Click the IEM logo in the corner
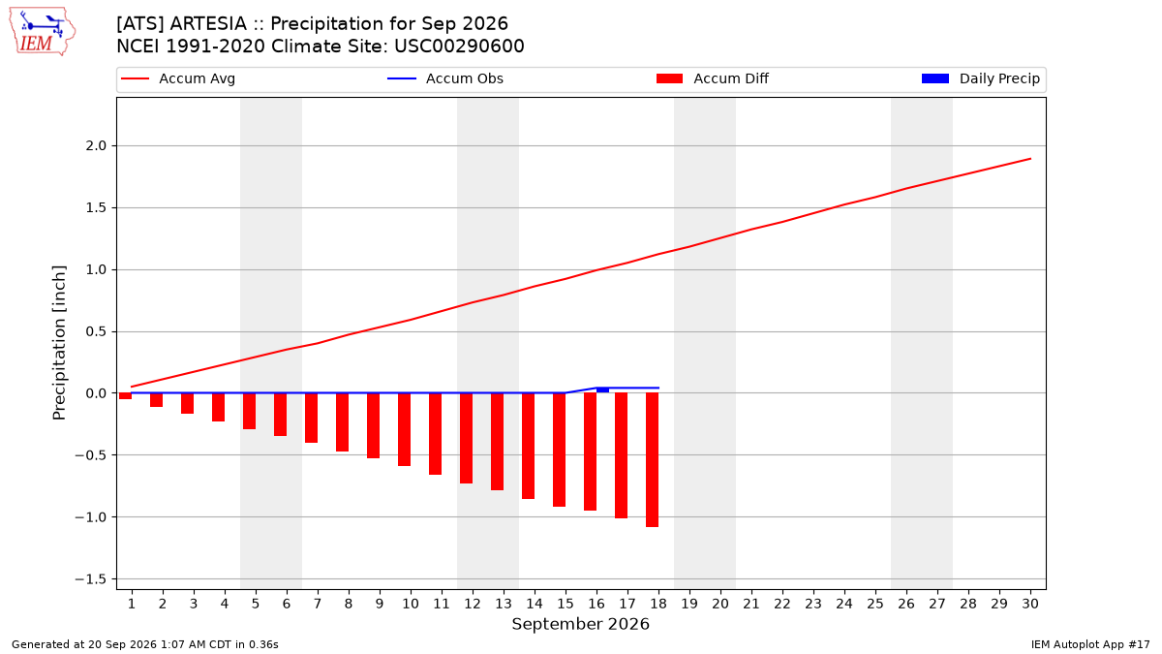(x=43, y=32)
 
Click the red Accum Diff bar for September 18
(x=652, y=460)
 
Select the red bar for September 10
(x=404, y=429)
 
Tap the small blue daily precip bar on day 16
(x=602, y=389)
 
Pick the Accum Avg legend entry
(x=178, y=78)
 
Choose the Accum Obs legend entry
(x=445, y=78)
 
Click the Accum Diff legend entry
(x=713, y=78)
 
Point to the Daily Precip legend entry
(x=980, y=78)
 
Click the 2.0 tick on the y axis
(x=96, y=146)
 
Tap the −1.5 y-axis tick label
(x=91, y=578)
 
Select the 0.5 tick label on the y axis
(x=96, y=331)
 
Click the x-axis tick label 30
(x=1030, y=604)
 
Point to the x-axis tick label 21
(x=751, y=604)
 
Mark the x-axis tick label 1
(x=132, y=604)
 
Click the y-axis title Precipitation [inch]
(x=59, y=343)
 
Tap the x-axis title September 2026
(x=580, y=624)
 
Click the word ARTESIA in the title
(x=208, y=24)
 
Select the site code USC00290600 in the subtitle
(x=459, y=47)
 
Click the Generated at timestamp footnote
(x=144, y=644)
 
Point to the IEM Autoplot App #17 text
(x=1090, y=644)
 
